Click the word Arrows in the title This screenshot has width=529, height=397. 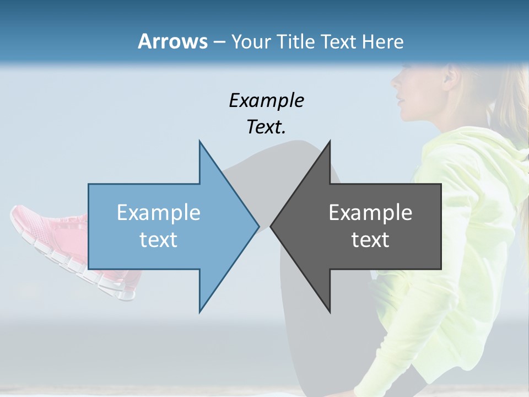click(172, 41)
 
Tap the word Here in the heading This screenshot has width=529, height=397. click(382, 41)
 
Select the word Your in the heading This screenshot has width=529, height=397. click(251, 42)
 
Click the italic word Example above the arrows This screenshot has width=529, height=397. click(266, 100)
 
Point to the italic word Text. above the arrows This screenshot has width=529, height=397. click(266, 127)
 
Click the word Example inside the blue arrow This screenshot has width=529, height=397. click(158, 212)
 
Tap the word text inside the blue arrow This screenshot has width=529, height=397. click(158, 239)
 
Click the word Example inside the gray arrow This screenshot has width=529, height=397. click(370, 212)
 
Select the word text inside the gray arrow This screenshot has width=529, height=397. click(370, 239)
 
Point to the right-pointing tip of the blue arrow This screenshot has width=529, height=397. click(258, 226)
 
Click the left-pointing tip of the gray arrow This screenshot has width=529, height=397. click(272, 226)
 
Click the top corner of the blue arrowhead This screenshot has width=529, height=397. click(200, 142)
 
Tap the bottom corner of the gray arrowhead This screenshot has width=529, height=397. click(330, 312)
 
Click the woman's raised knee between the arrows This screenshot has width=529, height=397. click(300, 152)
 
